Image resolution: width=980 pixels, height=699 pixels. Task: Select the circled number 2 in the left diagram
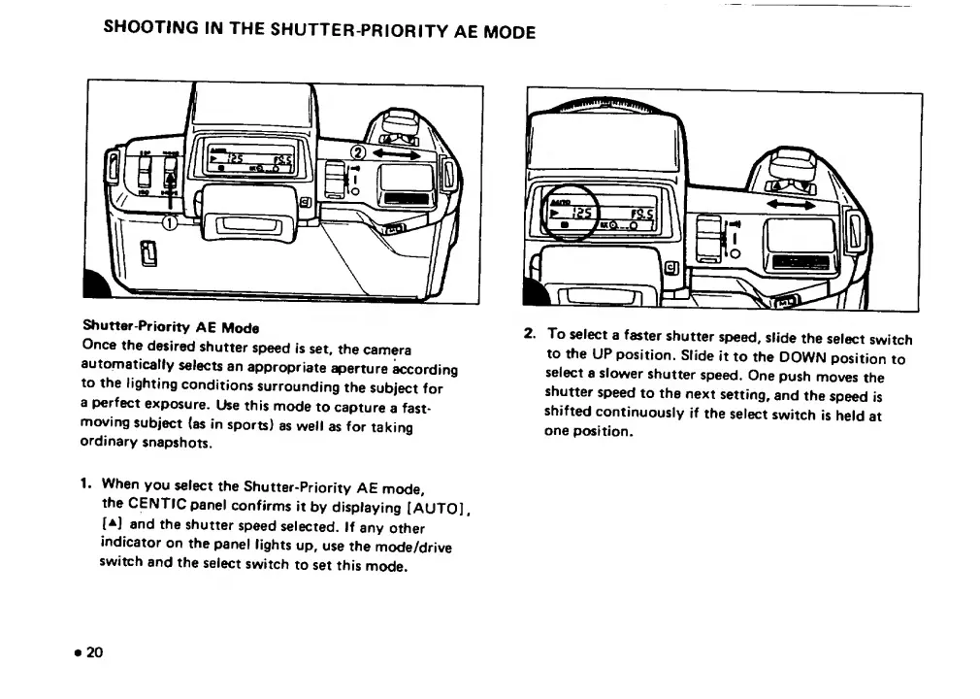click(x=356, y=153)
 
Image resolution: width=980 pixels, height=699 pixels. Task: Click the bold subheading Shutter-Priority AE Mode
click(x=170, y=327)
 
